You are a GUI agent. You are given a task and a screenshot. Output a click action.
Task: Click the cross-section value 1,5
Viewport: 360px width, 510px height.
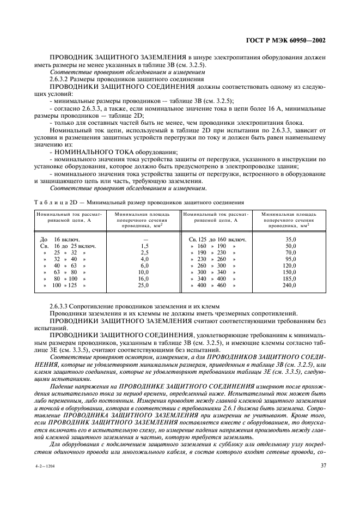(x=144, y=247)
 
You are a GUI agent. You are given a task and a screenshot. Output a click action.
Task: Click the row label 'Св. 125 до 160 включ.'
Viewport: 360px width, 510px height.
(x=217, y=239)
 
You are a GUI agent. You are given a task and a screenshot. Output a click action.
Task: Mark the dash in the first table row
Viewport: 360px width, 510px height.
(x=144, y=239)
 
